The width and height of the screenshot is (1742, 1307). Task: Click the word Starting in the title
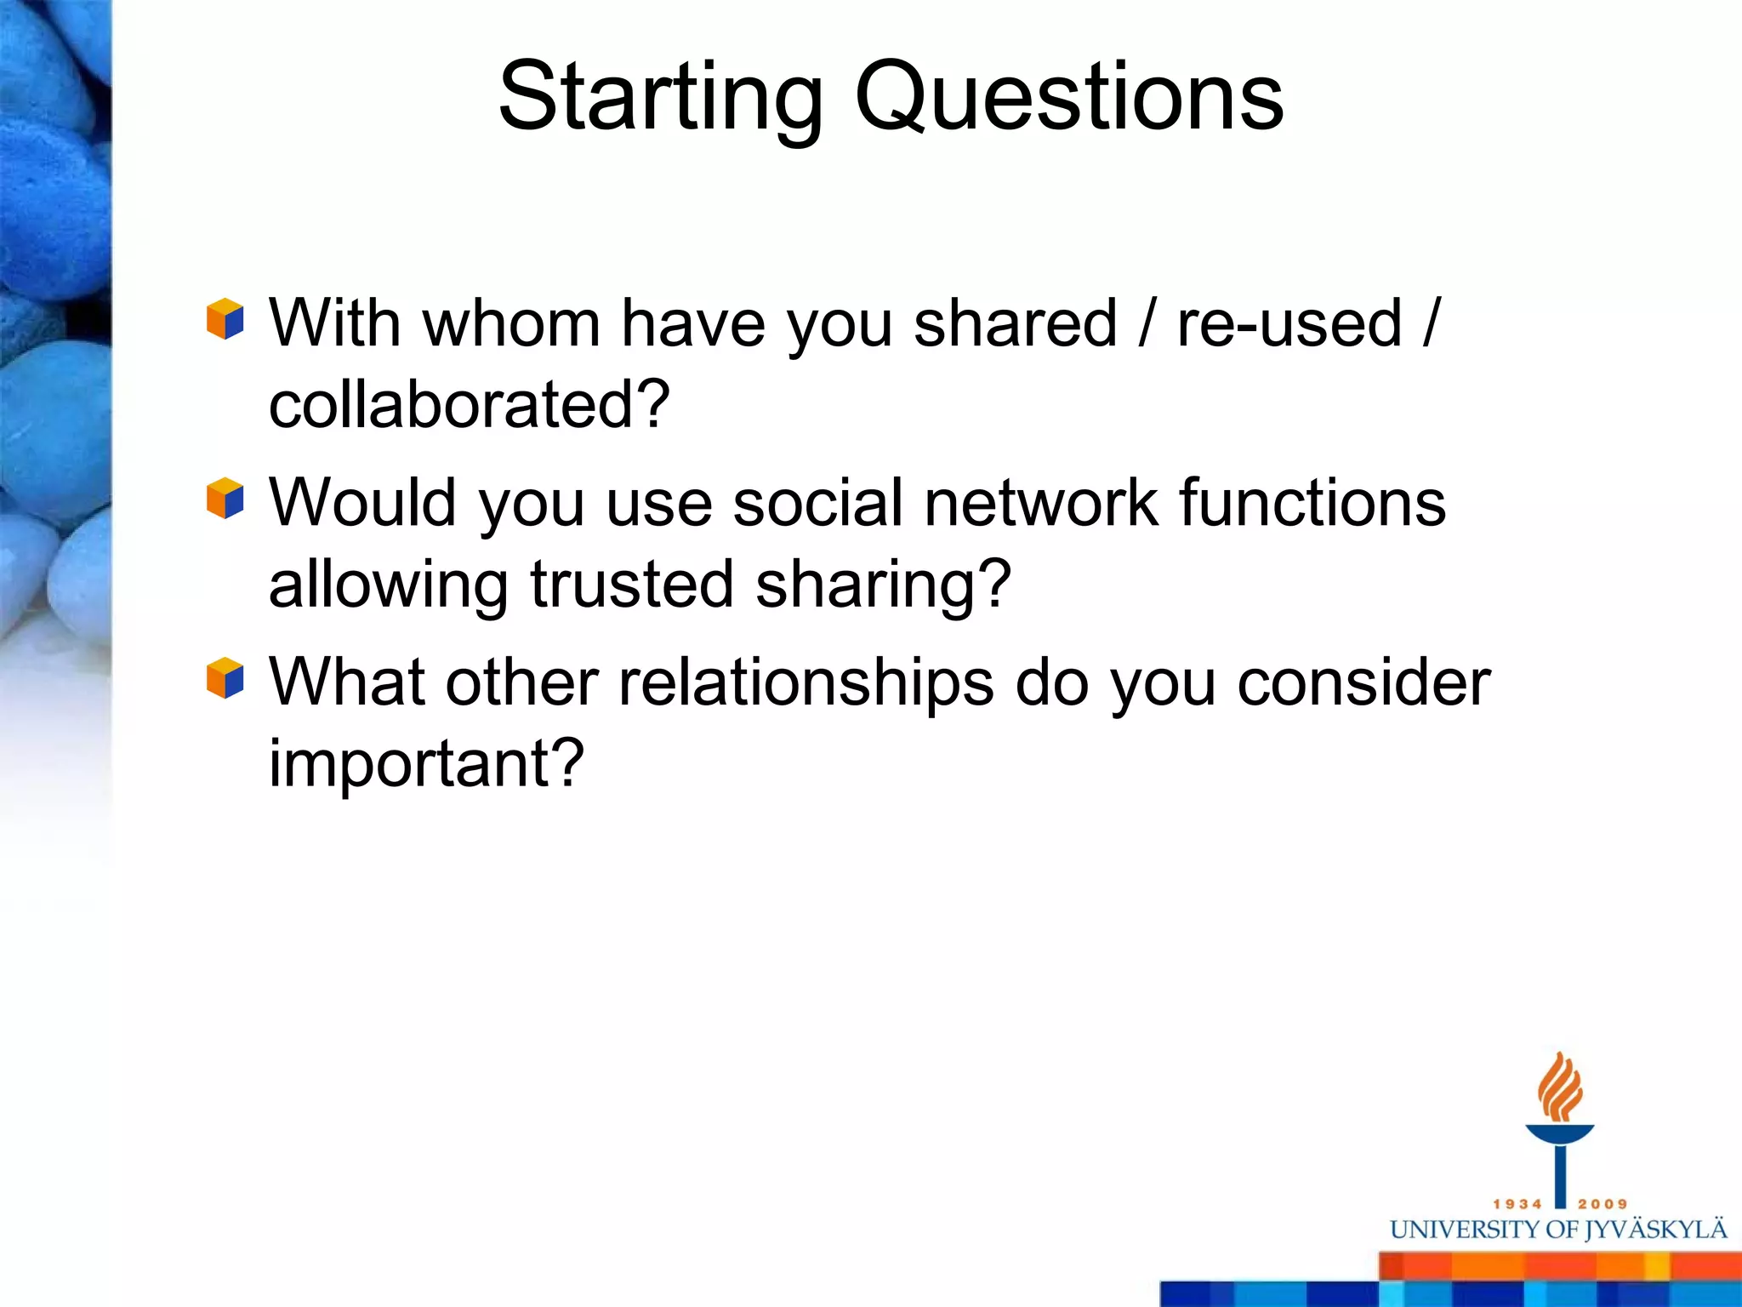(660, 98)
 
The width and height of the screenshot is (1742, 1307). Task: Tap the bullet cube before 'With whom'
(225, 320)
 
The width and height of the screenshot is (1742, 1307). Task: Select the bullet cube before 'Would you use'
(225, 499)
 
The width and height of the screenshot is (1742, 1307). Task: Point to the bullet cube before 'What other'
(225, 678)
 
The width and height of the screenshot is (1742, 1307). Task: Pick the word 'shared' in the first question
(1015, 323)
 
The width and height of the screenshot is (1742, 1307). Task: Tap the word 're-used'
(1289, 323)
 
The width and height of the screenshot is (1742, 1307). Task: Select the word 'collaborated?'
(470, 404)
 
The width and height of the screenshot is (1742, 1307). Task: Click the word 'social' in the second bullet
(817, 503)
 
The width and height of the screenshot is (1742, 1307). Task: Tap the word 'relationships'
(806, 683)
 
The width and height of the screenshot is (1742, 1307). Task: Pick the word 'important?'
(426, 763)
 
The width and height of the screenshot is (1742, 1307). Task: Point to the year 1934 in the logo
(1517, 1204)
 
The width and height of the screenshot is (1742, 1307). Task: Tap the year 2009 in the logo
(1603, 1204)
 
